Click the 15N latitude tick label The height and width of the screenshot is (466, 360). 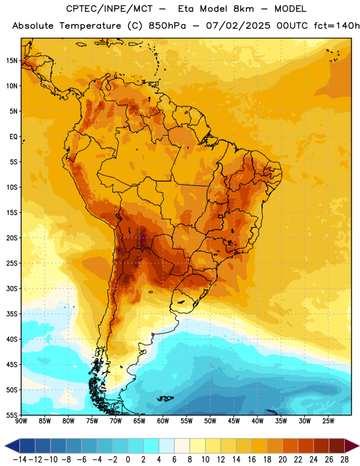[x=12, y=61]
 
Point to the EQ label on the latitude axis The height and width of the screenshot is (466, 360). [x=13, y=137]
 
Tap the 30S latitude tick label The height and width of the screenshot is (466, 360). [x=12, y=288]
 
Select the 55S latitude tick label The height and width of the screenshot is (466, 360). [x=12, y=415]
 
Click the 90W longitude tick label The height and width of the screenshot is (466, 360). [x=21, y=421]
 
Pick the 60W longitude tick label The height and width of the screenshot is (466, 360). [x=163, y=421]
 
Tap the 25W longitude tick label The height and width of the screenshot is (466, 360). [x=328, y=421]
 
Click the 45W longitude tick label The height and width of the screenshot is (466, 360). [x=234, y=421]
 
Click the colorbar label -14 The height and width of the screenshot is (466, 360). [x=20, y=460]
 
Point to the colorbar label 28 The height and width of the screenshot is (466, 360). [x=344, y=460]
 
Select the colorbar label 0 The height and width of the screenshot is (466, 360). [x=128, y=460]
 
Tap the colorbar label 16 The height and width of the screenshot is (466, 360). [x=252, y=460]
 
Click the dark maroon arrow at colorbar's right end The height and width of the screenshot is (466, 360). [x=352, y=446]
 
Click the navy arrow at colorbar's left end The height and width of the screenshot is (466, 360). [x=12, y=446]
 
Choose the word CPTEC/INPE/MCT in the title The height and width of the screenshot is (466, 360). [x=110, y=9]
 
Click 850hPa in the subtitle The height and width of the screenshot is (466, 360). [x=167, y=26]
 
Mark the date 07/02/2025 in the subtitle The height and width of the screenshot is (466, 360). [x=238, y=26]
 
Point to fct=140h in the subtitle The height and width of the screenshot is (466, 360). [x=337, y=26]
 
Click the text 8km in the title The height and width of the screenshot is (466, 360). [x=243, y=9]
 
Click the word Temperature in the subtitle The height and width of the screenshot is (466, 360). [x=90, y=26]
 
